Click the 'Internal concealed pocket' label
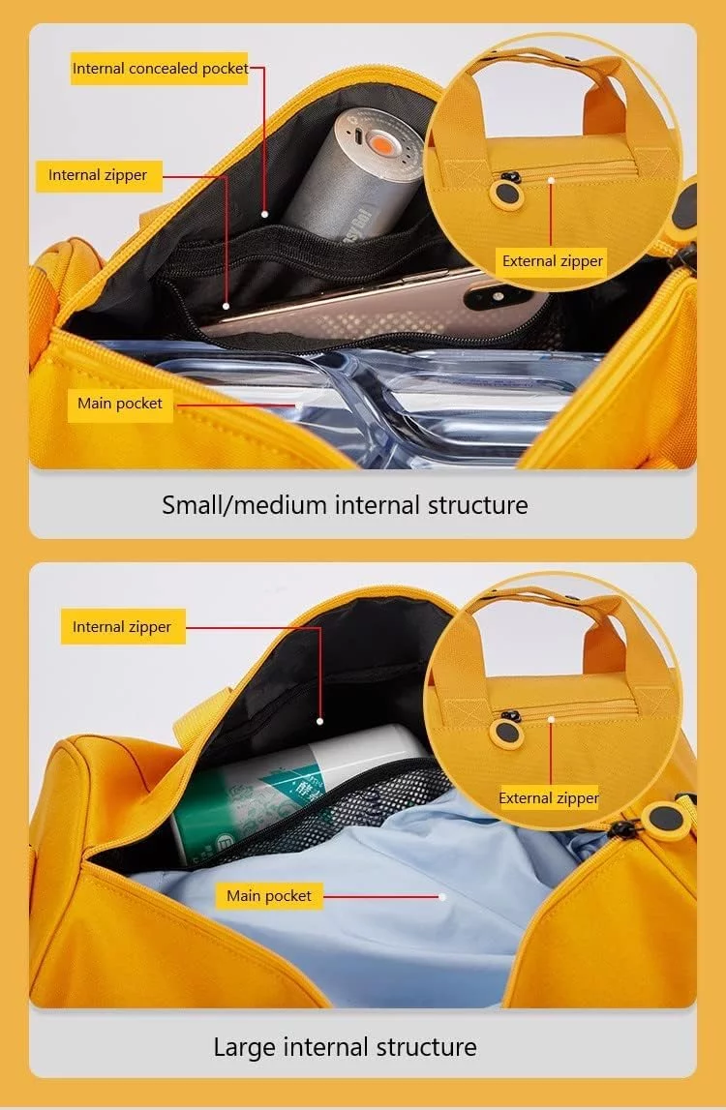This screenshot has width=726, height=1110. click(160, 69)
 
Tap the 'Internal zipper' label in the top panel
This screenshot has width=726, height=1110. click(98, 175)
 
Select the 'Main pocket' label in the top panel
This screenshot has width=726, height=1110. click(120, 404)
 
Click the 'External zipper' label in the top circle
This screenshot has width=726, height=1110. click(553, 261)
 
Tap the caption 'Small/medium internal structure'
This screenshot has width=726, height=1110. click(345, 505)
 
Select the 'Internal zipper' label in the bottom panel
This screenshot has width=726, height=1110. click(123, 627)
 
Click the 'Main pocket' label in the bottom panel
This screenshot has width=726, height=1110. click(269, 896)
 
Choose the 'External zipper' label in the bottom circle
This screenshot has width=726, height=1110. click(549, 798)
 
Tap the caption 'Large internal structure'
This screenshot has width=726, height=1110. click(345, 1047)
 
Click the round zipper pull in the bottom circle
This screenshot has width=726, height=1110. click(506, 733)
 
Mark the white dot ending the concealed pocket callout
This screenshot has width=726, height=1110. click(264, 214)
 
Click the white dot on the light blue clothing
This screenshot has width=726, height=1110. click(442, 897)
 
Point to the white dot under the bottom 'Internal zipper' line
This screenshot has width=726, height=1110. click(320, 721)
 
